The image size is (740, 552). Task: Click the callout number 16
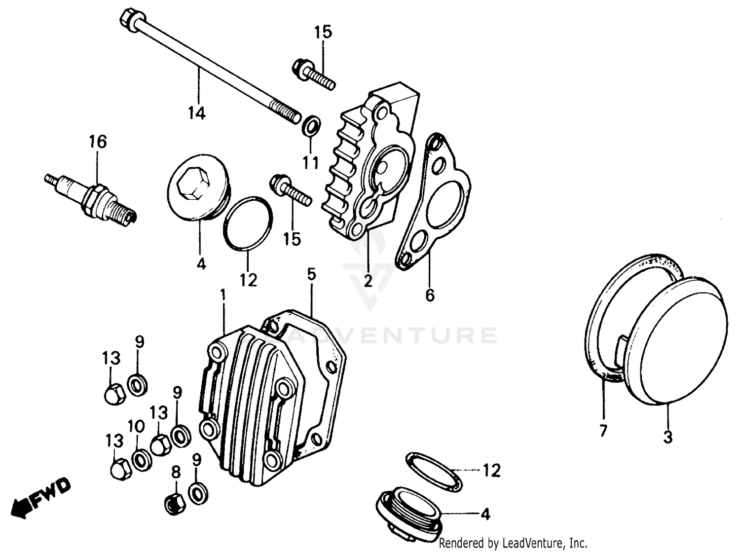point(98,142)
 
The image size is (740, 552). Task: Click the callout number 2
point(368,281)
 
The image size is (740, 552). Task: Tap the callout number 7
point(603,430)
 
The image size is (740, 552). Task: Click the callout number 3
point(667,437)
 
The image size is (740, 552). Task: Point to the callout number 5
point(311,274)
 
